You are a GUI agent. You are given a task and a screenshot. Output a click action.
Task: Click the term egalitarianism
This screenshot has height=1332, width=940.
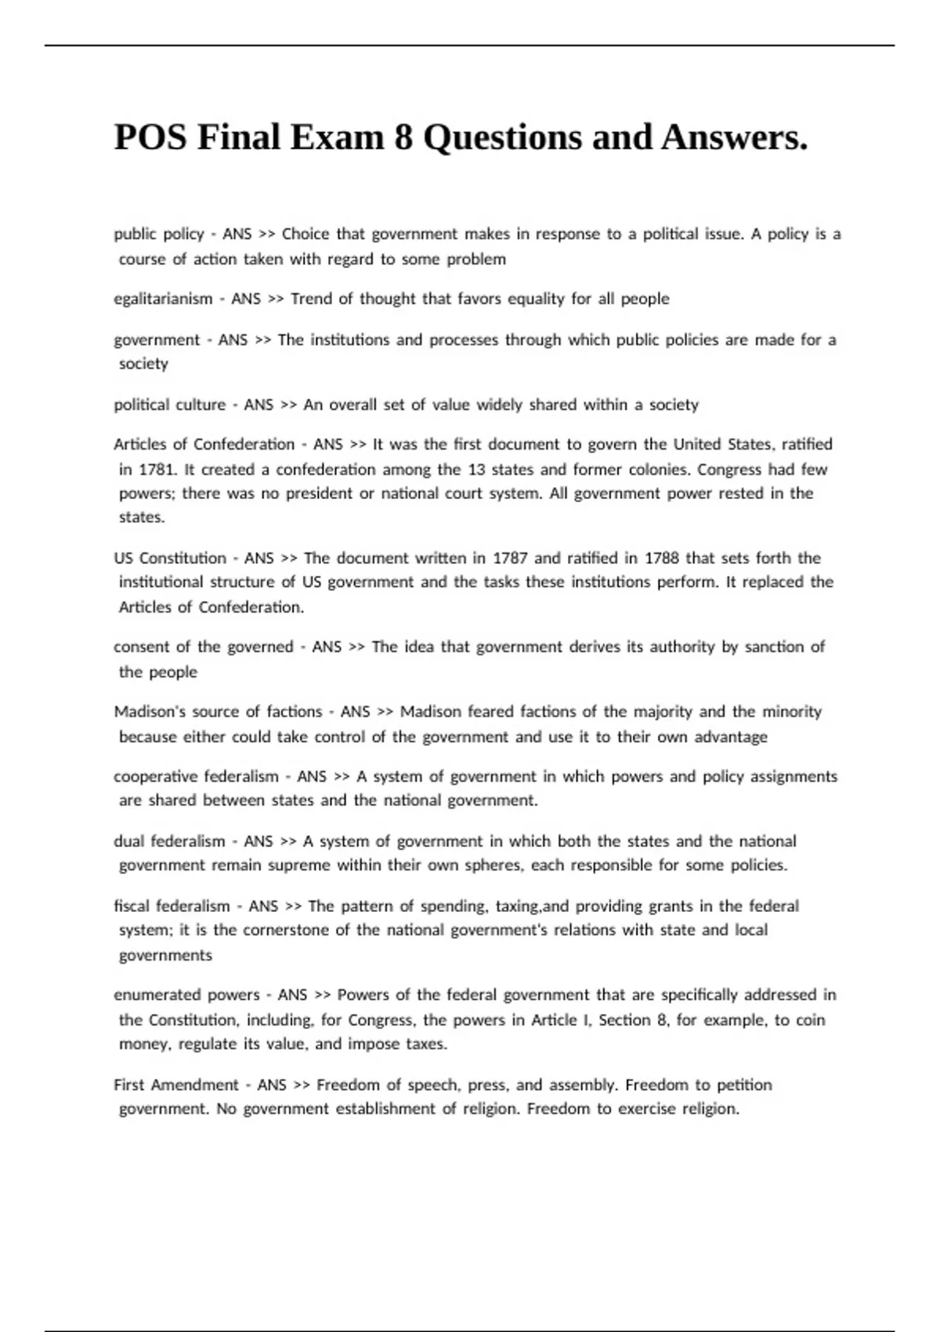(163, 299)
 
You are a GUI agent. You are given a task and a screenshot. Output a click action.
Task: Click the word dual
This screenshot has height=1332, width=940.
(128, 842)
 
